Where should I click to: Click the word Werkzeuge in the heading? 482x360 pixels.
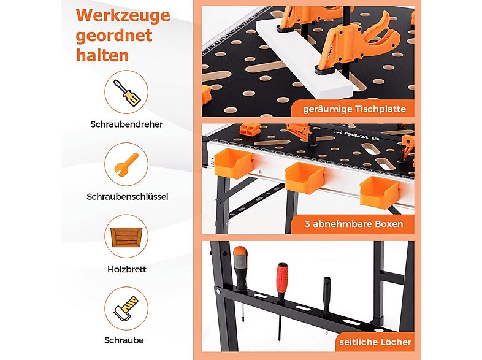click(x=123, y=16)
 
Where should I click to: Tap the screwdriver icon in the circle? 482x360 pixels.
click(x=127, y=93)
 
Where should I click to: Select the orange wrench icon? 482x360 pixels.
click(x=126, y=164)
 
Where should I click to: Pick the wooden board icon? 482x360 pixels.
click(x=126, y=237)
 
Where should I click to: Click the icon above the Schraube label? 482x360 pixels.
click(x=126, y=308)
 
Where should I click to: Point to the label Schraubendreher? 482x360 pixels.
click(x=127, y=124)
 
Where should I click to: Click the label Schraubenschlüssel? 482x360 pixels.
click(x=128, y=197)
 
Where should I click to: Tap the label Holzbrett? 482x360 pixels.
click(x=127, y=269)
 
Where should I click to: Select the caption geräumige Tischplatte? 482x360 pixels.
click(x=354, y=109)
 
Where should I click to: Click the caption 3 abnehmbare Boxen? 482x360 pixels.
click(x=354, y=224)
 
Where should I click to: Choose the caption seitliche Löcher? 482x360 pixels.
click(x=375, y=342)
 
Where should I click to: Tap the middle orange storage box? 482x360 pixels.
click(x=305, y=178)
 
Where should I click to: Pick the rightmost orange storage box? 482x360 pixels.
click(x=380, y=192)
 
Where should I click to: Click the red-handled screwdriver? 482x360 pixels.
click(x=281, y=300)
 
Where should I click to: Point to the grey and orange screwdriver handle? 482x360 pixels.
click(x=240, y=267)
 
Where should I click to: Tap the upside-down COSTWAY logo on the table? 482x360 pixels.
click(x=358, y=134)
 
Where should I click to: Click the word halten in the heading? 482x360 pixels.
click(x=102, y=56)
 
